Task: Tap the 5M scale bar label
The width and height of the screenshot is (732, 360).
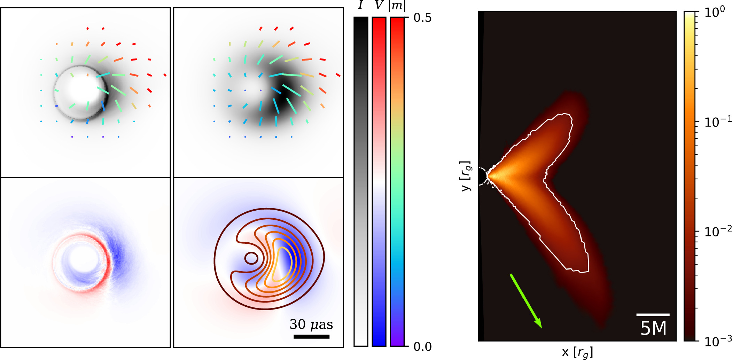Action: pyautogui.click(x=653, y=328)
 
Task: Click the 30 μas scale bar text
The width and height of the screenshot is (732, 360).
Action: pyautogui.click(x=311, y=324)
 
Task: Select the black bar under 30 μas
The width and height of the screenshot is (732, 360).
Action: pyautogui.click(x=311, y=337)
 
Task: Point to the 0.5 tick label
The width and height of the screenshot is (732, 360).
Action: pyautogui.click(x=422, y=18)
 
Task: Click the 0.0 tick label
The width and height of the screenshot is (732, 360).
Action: pyautogui.click(x=422, y=347)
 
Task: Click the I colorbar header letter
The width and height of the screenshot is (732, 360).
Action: pyautogui.click(x=360, y=6)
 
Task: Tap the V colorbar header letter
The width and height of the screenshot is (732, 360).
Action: pyautogui.click(x=379, y=6)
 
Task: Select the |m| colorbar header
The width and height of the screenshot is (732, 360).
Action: pyautogui.click(x=397, y=6)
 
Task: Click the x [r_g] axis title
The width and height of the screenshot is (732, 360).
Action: pyautogui.click(x=577, y=353)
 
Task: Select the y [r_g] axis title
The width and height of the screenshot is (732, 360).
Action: pyautogui.click(x=466, y=176)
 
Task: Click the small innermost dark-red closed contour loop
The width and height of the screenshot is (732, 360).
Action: pyautogui.click(x=251, y=258)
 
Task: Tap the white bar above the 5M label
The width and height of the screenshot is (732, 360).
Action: pyautogui.click(x=653, y=315)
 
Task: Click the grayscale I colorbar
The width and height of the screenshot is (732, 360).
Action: pyautogui.click(x=361, y=181)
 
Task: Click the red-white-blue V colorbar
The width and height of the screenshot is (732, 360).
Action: pyautogui.click(x=379, y=181)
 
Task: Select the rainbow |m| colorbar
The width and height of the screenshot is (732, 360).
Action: pyautogui.click(x=397, y=181)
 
